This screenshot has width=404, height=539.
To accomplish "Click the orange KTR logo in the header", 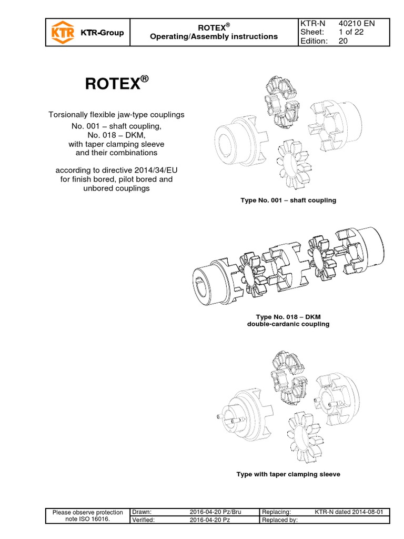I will pos(59,33).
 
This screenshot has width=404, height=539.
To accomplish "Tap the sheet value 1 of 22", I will pos(347,33).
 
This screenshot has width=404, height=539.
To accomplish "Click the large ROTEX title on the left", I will pos(117,85).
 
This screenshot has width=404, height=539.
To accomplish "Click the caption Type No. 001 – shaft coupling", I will pos(288,201).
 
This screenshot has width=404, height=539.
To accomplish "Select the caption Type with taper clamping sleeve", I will pos(288,474).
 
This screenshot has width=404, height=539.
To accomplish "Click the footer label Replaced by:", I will pos(280,521).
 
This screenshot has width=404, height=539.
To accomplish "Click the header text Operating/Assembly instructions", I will pos(214,37).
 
